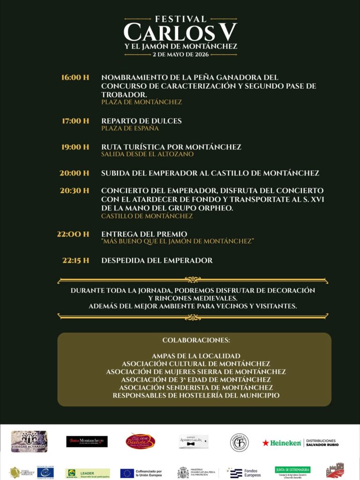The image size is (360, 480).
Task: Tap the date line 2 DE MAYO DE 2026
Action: pyautogui.click(x=180, y=54)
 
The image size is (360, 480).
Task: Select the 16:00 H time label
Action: pyautogui.click(x=75, y=77)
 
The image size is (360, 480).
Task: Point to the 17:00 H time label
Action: pyautogui.click(x=75, y=121)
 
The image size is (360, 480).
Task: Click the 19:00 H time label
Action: pyautogui.click(x=75, y=147)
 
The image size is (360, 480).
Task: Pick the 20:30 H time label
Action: pyautogui.click(x=75, y=191)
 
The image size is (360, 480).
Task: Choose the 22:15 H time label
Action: pyautogui.click(x=75, y=261)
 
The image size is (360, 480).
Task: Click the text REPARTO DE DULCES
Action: pyautogui.click(x=141, y=121)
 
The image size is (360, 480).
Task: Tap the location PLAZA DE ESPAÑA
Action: pyautogui.click(x=130, y=128)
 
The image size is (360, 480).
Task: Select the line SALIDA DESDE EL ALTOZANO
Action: pyautogui.click(x=147, y=154)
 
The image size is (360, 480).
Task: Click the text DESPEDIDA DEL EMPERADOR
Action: pyautogui.click(x=157, y=261)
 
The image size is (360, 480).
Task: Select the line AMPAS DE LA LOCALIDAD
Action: pyautogui.click(x=196, y=356)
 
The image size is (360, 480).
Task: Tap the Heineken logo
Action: pyautogui.click(x=282, y=442)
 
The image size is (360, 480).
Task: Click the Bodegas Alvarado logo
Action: pyautogui.click(x=29, y=442)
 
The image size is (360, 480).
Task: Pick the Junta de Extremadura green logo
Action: pyautogui.click(x=292, y=470)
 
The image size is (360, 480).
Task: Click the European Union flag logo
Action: pyautogui.click(x=127, y=473)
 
